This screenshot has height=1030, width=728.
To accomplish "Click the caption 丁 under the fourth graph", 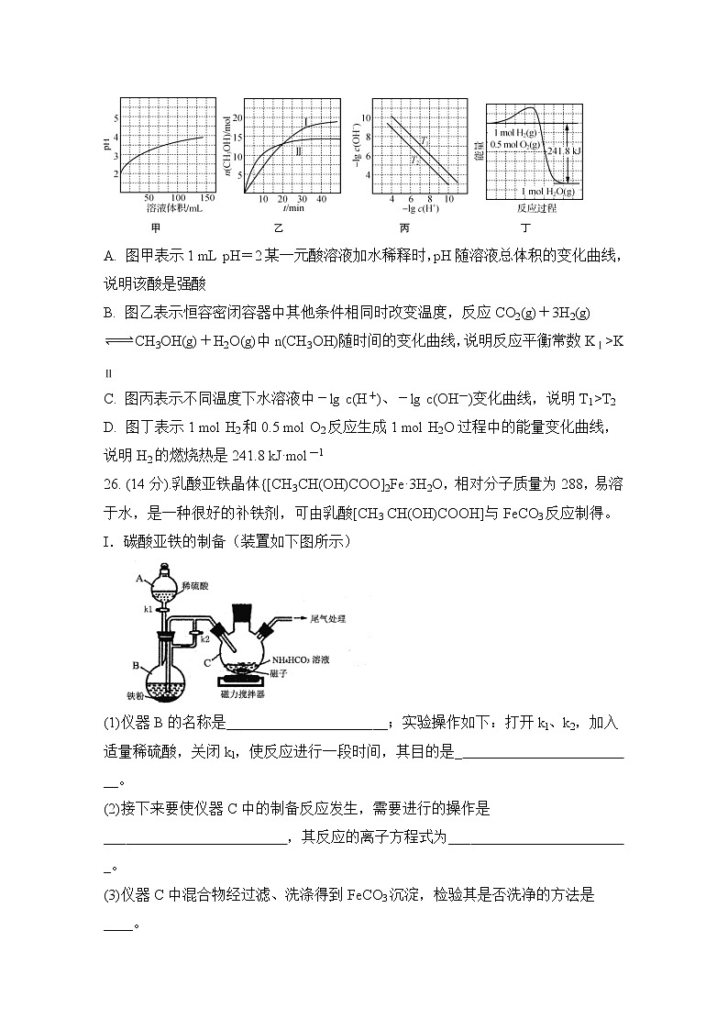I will pyautogui.click(x=531, y=227).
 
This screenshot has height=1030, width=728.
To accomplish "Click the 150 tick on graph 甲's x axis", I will pyautogui.click(x=207, y=198).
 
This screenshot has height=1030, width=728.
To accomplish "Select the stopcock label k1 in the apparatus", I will pyautogui.click(x=147, y=607).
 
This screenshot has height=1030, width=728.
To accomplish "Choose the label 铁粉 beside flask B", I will pyautogui.click(x=138, y=694).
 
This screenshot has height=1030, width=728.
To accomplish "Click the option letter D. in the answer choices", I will pyautogui.click(x=110, y=428).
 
